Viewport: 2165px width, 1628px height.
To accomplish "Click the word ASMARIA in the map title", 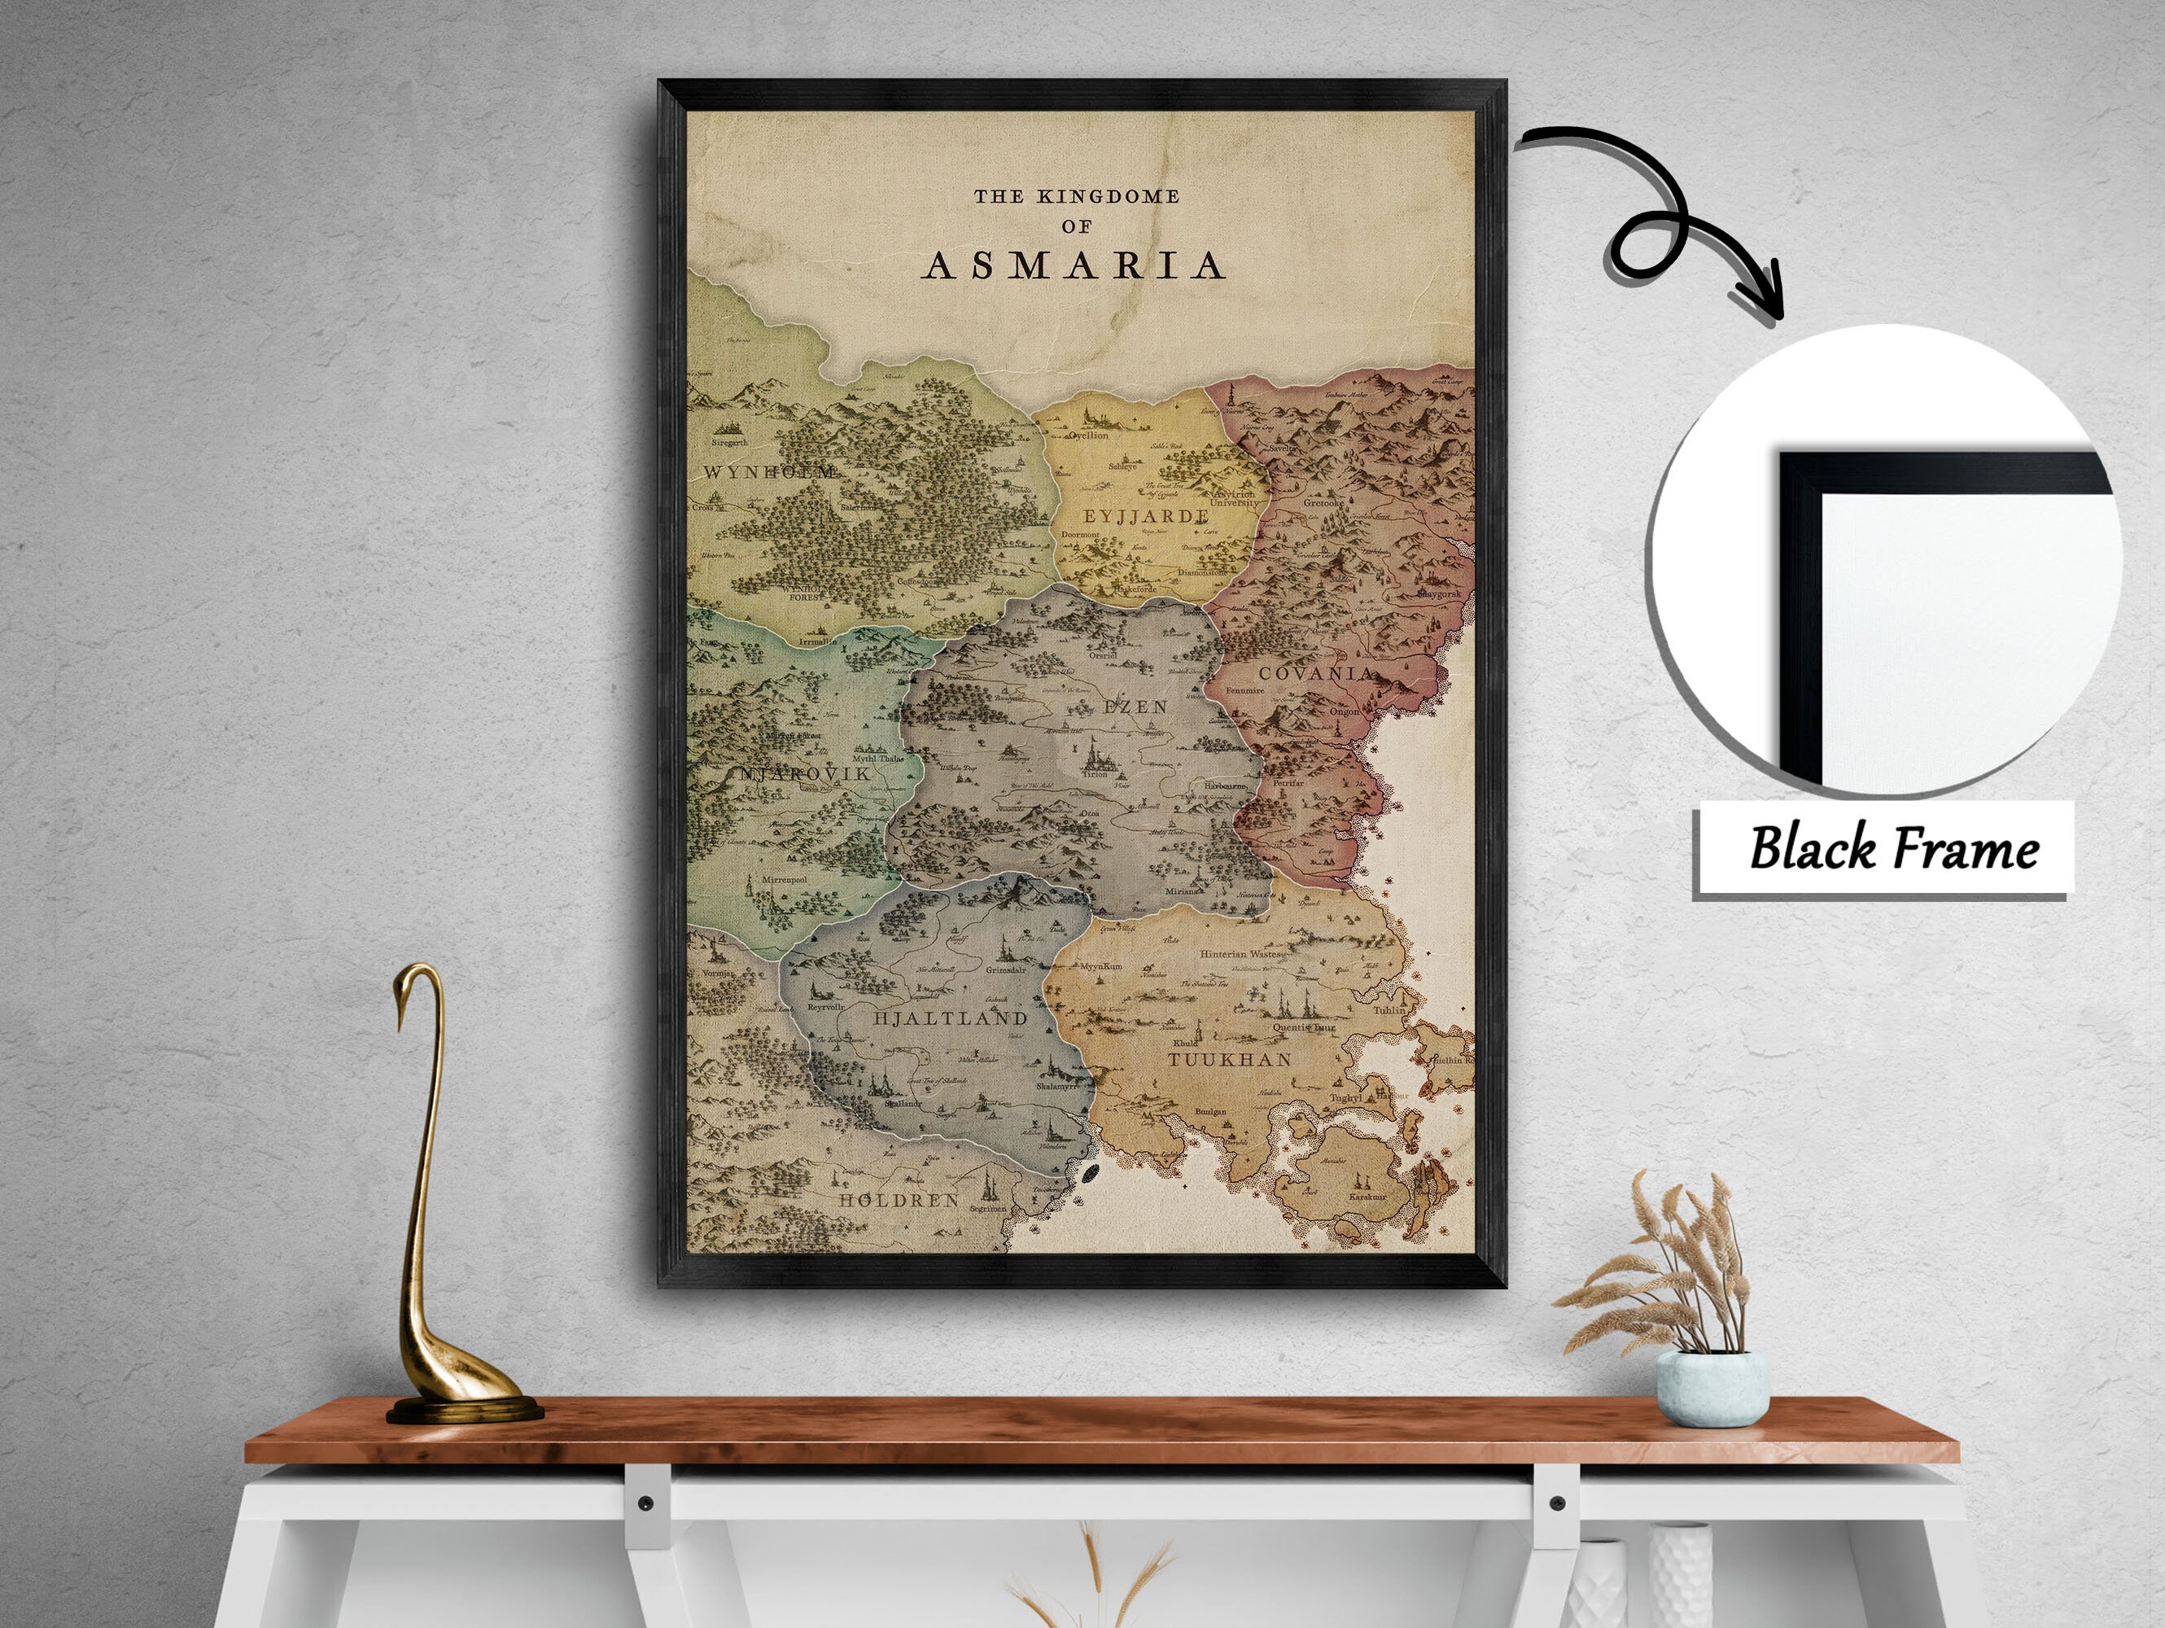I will pyautogui.click(x=1074, y=265).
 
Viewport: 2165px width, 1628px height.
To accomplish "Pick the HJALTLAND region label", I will pyautogui.click(x=949, y=1018).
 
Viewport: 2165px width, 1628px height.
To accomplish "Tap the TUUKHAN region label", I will pyautogui.click(x=1229, y=1059).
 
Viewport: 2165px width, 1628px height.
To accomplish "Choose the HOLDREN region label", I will pyautogui.click(x=899, y=1199).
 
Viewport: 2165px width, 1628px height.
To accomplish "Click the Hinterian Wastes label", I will pyautogui.click(x=1240, y=952).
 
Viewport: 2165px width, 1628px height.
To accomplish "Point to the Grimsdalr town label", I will pyautogui.click(x=1005, y=970).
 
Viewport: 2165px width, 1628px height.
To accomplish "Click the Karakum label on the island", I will pyautogui.click(x=1367, y=1197).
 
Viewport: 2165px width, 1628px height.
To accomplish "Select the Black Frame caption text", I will pyautogui.click(x=1893, y=847).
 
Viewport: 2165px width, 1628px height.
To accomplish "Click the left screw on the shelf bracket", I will pyautogui.click(x=644, y=1503).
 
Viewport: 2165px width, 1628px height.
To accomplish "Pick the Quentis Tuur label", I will pyautogui.click(x=1304, y=1029).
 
